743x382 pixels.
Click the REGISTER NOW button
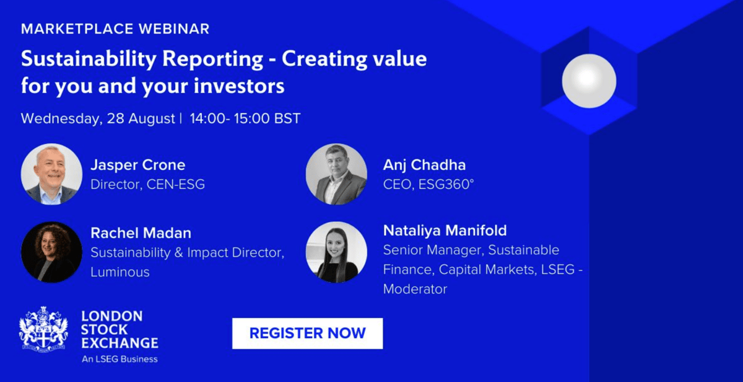pyautogui.click(x=307, y=333)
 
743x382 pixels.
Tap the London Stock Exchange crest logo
pyautogui.click(x=43, y=329)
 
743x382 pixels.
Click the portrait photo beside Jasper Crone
pyautogui.click(x=51, y=174)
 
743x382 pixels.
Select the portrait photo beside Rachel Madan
pyautogui.click(x=51, y=252)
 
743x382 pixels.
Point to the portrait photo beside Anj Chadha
pyautogui.click(x=336, y=174)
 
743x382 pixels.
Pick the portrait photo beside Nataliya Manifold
pyautogui.click(x=336, y=252)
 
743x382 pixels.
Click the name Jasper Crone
pyautogui.click(x=138, y=165)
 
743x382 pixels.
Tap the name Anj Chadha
pyautogui.click(x=424, y=165)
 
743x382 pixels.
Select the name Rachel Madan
pyautogui.click(x=141, y=233)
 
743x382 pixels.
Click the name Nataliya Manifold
pyautogui.click(x=445, y=231)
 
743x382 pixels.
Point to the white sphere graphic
pyautogui.click(x=589, y=81)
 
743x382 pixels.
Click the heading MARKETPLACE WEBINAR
pyautogui.click(x=115, y=29)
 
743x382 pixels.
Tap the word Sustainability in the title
pyautogui.click(x=89, y=59)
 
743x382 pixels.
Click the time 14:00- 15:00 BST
pyautogui.click(x=245, y=118)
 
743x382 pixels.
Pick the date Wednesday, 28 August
pyautogui.click(x=98, y=118)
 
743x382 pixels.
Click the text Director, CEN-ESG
pyautogui.click(x=147, y=184)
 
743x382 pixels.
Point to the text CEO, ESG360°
pyautogui.click(x=428, y=184)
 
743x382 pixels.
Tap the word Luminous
pyautogui.click(x=120, y=272)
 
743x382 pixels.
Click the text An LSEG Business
pyautogui.click(x=119, y=359)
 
